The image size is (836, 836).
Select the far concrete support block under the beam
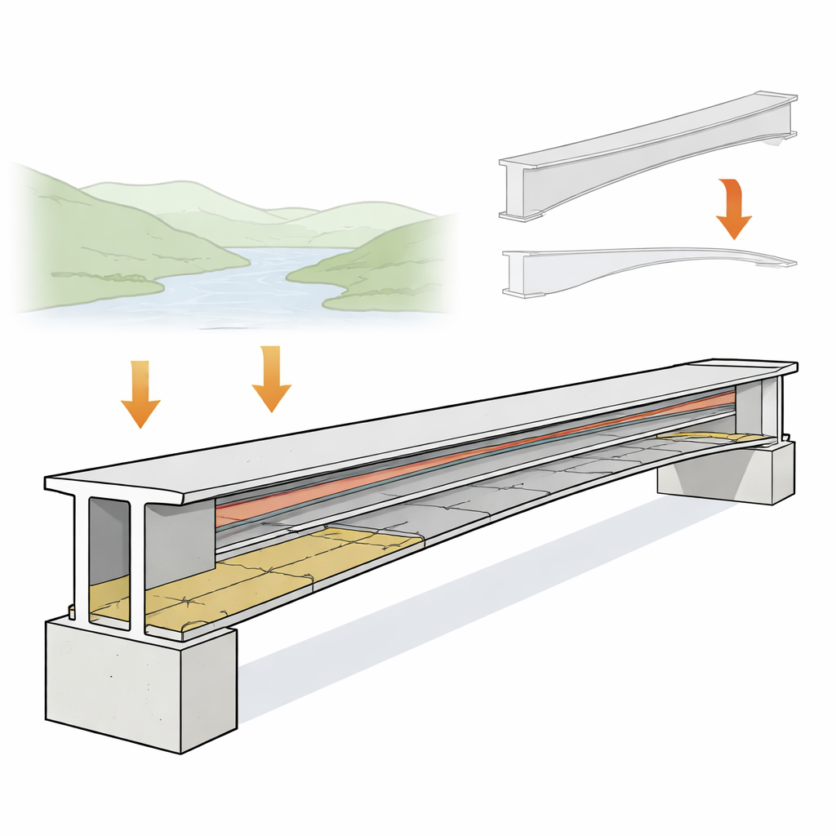tap(727, 474)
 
